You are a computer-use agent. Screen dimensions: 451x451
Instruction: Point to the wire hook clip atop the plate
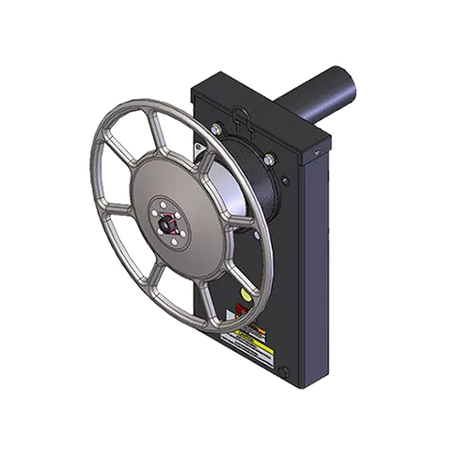tap(243, 117)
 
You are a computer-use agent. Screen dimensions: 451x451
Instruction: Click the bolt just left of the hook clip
tap(218, 129)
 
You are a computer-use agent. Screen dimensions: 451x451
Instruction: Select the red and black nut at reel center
tap(169, 223)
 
